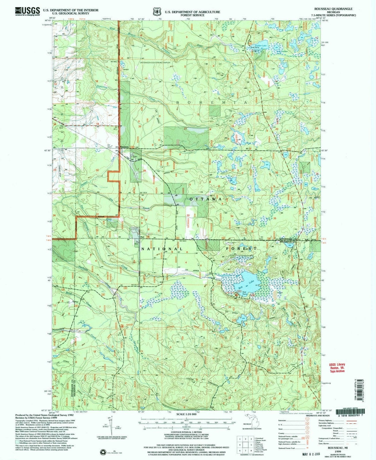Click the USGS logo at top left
(27, 11)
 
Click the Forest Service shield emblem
(157, 11)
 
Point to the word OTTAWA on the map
(206, 199)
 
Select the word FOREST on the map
(241, 249)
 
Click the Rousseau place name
(124, 146)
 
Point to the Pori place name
(142, 238)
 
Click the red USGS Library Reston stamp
(337, 368)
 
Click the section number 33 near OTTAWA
(188, 216)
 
